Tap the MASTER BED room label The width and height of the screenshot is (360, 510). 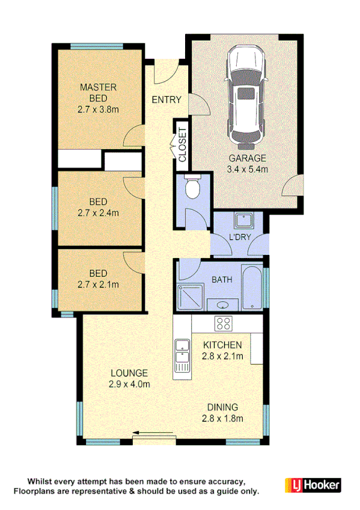(98, 93)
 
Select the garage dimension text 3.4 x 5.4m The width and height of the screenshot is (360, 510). (247, 169)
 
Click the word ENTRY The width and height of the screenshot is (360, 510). (166, 99)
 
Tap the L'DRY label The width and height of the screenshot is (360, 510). (240, 238)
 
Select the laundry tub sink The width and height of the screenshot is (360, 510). (243, 221)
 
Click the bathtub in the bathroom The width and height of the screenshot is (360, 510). (252, 287)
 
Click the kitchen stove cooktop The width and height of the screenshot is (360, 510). (224, 323)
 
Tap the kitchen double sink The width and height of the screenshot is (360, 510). (181, 355)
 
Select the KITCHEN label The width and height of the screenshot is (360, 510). (222, 345)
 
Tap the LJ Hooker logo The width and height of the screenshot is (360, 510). (312, 484)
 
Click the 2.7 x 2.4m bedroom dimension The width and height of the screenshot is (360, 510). (98, 212)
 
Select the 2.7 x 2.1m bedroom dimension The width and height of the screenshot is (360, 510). (98, 284)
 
